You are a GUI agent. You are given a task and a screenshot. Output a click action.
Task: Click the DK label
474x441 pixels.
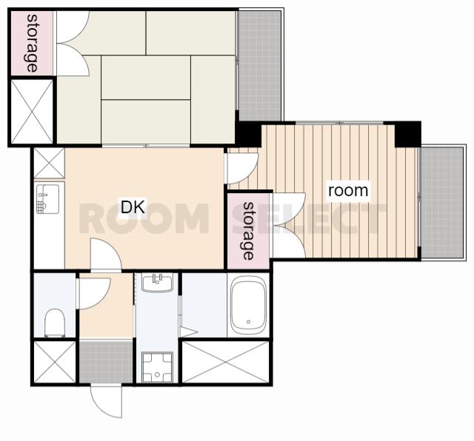click(x=133, y=206)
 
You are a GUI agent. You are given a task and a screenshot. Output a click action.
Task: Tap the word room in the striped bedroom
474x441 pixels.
click(x=348, y=191)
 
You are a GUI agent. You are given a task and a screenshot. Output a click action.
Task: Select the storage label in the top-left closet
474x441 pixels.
click(x=32, y=43)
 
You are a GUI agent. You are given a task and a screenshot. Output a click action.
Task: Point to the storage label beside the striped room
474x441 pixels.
click(x=248, y=231)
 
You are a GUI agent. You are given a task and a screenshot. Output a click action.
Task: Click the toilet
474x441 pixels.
click(x=55, y=323)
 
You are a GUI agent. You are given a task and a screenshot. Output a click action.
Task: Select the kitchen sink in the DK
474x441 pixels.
click(x=47, y=199)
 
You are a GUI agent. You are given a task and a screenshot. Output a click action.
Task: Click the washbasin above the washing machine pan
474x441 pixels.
click(x=157, y=283)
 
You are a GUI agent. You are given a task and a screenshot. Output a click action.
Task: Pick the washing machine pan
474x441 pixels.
click(x=157, y=367)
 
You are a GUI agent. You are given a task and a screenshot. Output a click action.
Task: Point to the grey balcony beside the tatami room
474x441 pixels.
click(x=259, y=66)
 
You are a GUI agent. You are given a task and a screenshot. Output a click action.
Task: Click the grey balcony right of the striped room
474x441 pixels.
click(x=441, y=203)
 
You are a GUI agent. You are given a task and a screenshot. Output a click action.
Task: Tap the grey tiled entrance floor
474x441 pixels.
click(x=106, y=362)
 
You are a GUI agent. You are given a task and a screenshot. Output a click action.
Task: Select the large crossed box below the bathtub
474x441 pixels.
click(x=225, y=362)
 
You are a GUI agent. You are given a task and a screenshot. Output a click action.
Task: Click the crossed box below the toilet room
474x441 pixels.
click(x=54, y=362)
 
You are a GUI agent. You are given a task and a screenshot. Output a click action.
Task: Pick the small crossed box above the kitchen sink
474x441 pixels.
click(x=49, y=163)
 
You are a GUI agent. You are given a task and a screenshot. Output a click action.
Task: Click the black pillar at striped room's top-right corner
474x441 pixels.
click(x=408, y=134)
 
